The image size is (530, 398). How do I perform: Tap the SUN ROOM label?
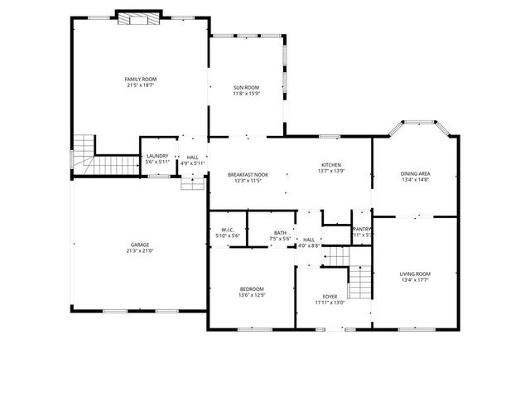[246, 87]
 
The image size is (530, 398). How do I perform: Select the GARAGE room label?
[139, 245]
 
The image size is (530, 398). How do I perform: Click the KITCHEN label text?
[331, 164]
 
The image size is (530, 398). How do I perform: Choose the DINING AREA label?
[415, 173]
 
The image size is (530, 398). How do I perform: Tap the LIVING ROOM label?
[415, 274]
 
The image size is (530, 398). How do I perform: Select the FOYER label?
[330, 296]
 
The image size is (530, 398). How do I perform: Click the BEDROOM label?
[251, 288]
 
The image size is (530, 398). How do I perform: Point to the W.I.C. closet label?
[228, 231]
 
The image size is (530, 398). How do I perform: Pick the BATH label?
[280, 233]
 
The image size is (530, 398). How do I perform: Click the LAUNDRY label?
[157, 156]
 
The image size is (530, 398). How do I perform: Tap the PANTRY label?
[362, 229]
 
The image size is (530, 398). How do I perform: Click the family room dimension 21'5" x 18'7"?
[140, 85]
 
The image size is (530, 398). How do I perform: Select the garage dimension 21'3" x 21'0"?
[139, 250]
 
